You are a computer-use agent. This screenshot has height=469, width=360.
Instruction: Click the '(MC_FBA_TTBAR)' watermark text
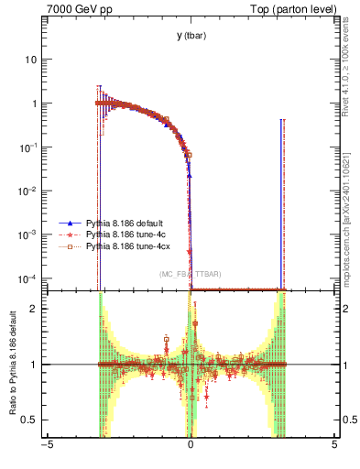pyautogui.click(x=190, y=275)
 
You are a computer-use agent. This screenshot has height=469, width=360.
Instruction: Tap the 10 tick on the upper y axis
pyautogui.click(x=33, y=60)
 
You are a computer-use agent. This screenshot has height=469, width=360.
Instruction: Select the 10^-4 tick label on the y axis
pyautogui.click(x=30, y=278)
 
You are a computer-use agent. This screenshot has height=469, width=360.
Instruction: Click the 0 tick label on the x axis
pyautogui.click(x=191, y=446)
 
